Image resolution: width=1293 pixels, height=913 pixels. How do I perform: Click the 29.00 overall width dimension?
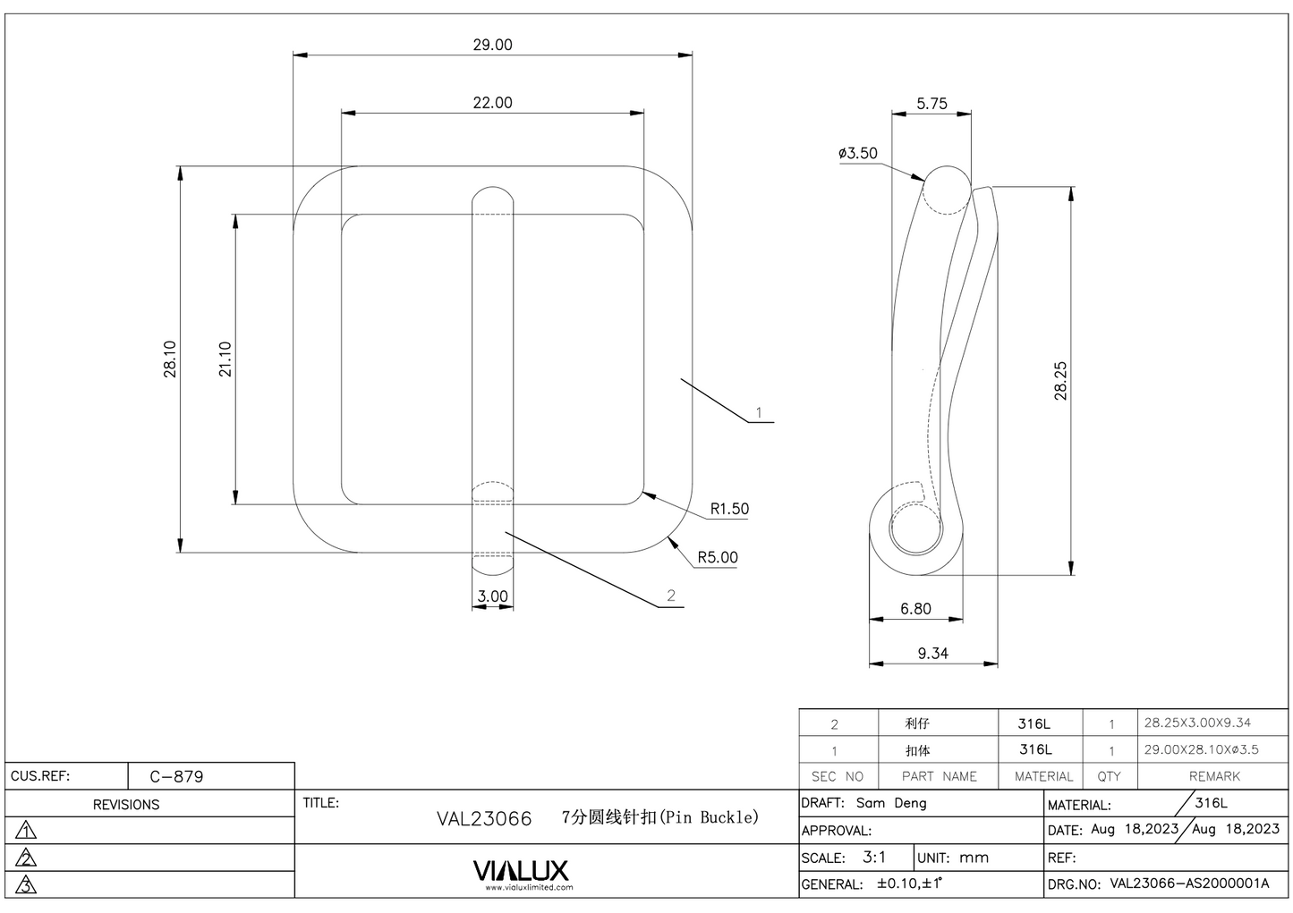[492, 45]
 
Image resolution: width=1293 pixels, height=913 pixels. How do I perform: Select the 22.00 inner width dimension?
[492, 103]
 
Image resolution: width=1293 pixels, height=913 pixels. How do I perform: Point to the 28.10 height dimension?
[170, 359]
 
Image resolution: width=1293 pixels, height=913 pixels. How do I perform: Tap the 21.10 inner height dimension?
[225, 359]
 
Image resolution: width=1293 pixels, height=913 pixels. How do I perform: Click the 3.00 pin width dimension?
[492, 596]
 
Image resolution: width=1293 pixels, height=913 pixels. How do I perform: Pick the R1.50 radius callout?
[729, 509]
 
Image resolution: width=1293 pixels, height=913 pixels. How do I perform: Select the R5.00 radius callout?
[718, 557]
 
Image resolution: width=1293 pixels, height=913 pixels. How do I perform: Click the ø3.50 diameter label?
[858, 153]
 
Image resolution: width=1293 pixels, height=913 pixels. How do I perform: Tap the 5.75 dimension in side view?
[931, 104]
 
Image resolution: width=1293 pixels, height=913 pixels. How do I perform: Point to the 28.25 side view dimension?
[1061, 380]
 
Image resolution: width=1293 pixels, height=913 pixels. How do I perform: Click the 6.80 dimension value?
[915, 609]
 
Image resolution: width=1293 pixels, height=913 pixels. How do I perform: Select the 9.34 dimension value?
[932, 654]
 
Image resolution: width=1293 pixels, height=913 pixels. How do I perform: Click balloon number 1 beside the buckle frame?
[759, 412]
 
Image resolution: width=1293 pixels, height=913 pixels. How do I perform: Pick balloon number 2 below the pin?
[671, 596]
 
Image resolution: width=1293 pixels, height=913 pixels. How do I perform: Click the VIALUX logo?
[520, 871]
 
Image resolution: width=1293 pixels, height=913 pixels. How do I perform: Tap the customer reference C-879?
[176, 776]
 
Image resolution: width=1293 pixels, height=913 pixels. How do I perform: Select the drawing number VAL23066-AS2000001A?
[1189, 883]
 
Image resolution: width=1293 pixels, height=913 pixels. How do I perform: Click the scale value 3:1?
[874, 857]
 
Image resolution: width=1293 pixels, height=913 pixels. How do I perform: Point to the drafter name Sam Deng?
[891, 803]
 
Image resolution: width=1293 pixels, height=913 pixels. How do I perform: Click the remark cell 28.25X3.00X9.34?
[1197, 723]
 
